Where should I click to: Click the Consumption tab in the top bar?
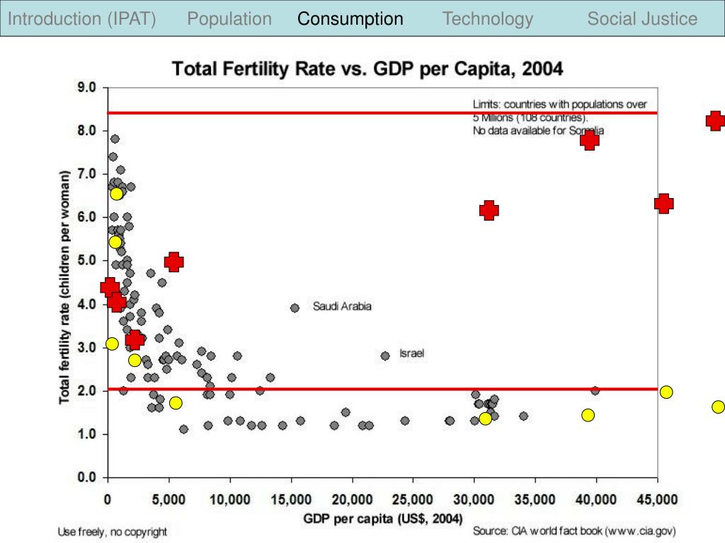coord(350,19)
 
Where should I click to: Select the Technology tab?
coord(488,19)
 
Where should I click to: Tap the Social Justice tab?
coord(642,19)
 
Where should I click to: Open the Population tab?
coord(229,19)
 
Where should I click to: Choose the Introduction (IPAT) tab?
coord(81,19)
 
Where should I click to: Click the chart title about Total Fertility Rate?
coord(367,69)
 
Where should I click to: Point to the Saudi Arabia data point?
coord(295,308)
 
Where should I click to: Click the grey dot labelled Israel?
coord(385,356)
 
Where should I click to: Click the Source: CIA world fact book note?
coord(575,530)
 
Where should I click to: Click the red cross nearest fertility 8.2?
coord(715,121)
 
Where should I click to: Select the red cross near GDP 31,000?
coord(489,210)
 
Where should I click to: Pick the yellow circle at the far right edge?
coord(718,407)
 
